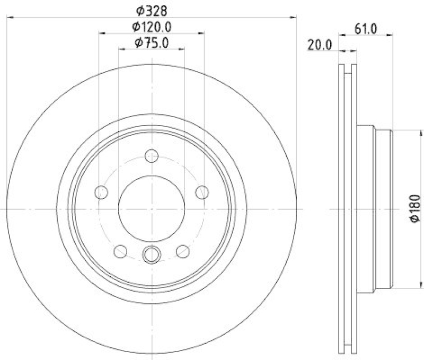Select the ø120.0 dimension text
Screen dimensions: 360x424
click(152, 26)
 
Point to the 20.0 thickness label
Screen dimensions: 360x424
click(320, 45)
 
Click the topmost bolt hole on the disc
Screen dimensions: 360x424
click(152, 156)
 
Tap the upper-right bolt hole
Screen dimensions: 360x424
click(201, 192)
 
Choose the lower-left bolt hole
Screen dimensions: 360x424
click(121, 250)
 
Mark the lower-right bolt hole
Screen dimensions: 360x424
click(183, 250)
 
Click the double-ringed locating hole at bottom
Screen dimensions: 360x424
click(152, 255)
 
